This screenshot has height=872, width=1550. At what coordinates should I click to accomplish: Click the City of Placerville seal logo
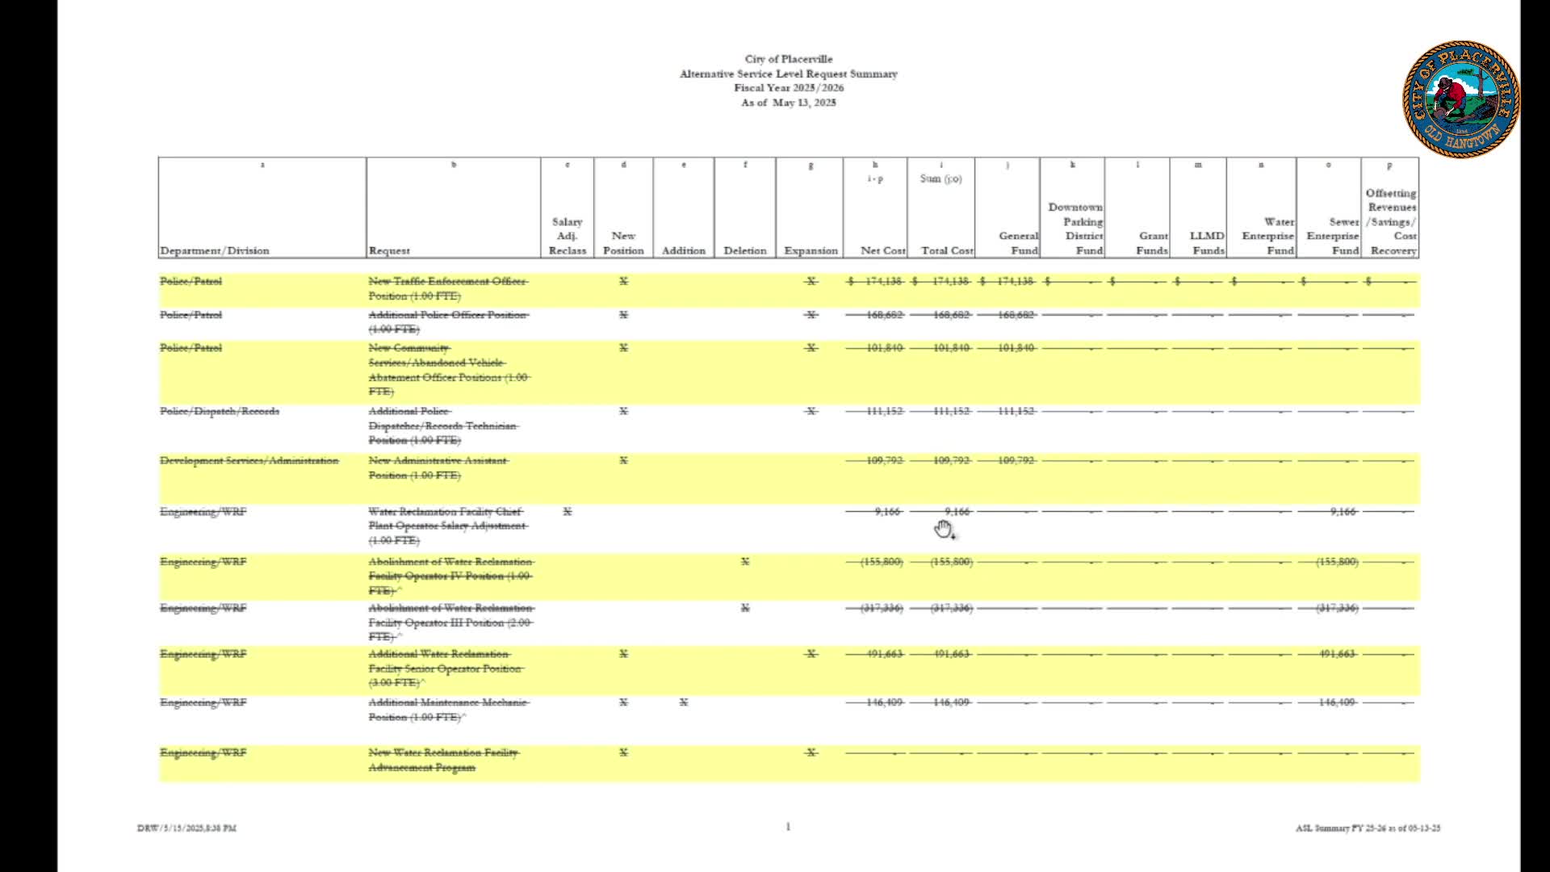point(1461,99)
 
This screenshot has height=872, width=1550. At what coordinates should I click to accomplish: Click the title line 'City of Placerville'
point(788,59)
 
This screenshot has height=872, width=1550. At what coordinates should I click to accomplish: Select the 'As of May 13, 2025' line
point(788,103)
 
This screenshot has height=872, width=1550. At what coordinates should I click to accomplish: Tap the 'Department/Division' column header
point(214,250)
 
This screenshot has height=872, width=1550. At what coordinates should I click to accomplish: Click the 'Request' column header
point(389,250)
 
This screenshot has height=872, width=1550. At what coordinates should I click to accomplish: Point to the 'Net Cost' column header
point(882,250)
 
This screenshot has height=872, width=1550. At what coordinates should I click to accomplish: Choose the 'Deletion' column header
point(744,250)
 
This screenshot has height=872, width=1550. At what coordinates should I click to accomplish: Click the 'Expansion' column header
point(811,250)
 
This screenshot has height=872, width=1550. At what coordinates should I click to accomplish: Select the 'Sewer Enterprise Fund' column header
point(1333,236)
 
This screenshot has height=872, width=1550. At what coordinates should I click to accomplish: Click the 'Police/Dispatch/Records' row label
point(219,412)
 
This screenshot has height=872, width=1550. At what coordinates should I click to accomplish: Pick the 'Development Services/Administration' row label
point(249,461)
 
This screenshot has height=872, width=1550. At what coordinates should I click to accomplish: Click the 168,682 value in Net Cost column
point(883,315)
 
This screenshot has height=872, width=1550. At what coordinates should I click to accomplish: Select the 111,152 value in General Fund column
point(1016,412)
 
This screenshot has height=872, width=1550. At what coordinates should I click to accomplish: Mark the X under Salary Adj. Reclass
point(568,512)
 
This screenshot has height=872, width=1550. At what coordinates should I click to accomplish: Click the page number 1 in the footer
point(788,826)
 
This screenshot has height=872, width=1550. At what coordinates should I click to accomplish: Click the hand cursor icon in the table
point(944,530)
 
